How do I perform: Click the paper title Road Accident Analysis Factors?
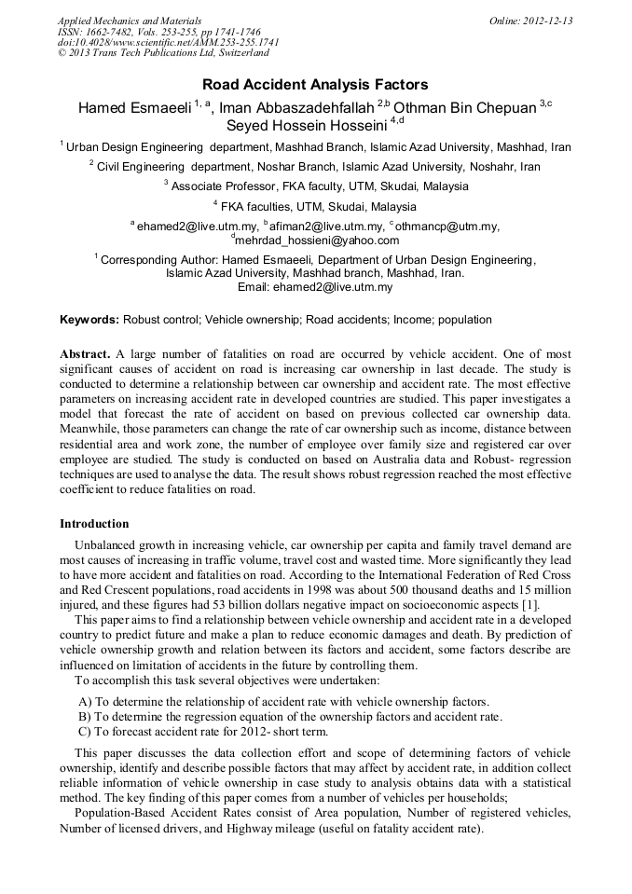click(315, 84)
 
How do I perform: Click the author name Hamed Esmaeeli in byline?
click(134, 107)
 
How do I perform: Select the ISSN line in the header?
click(159, 32)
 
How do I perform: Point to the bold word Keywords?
click(89, 320)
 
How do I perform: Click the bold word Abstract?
click(85, 354)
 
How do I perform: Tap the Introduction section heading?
click(94, 524)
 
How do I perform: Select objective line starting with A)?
click(283, 701)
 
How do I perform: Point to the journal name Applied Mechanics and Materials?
click(129, 21)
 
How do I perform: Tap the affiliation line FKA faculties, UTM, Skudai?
click(315, 206)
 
